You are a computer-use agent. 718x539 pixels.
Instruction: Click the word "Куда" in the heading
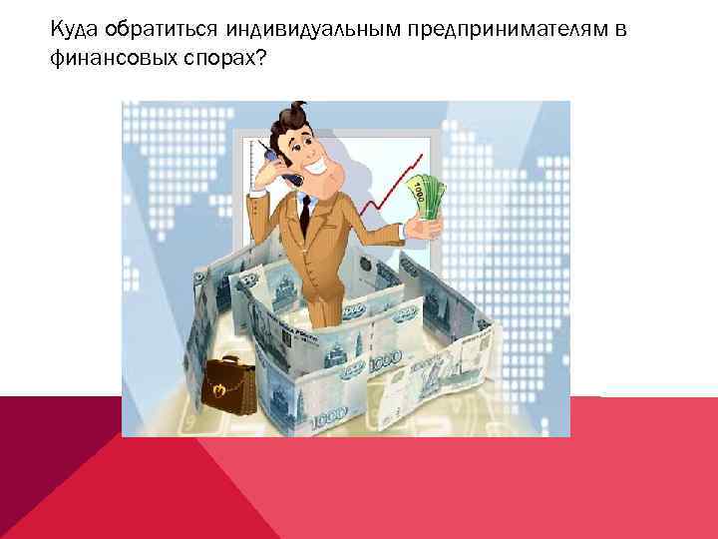pos(74,31)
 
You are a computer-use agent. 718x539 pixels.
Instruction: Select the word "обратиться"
pos(156,31)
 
